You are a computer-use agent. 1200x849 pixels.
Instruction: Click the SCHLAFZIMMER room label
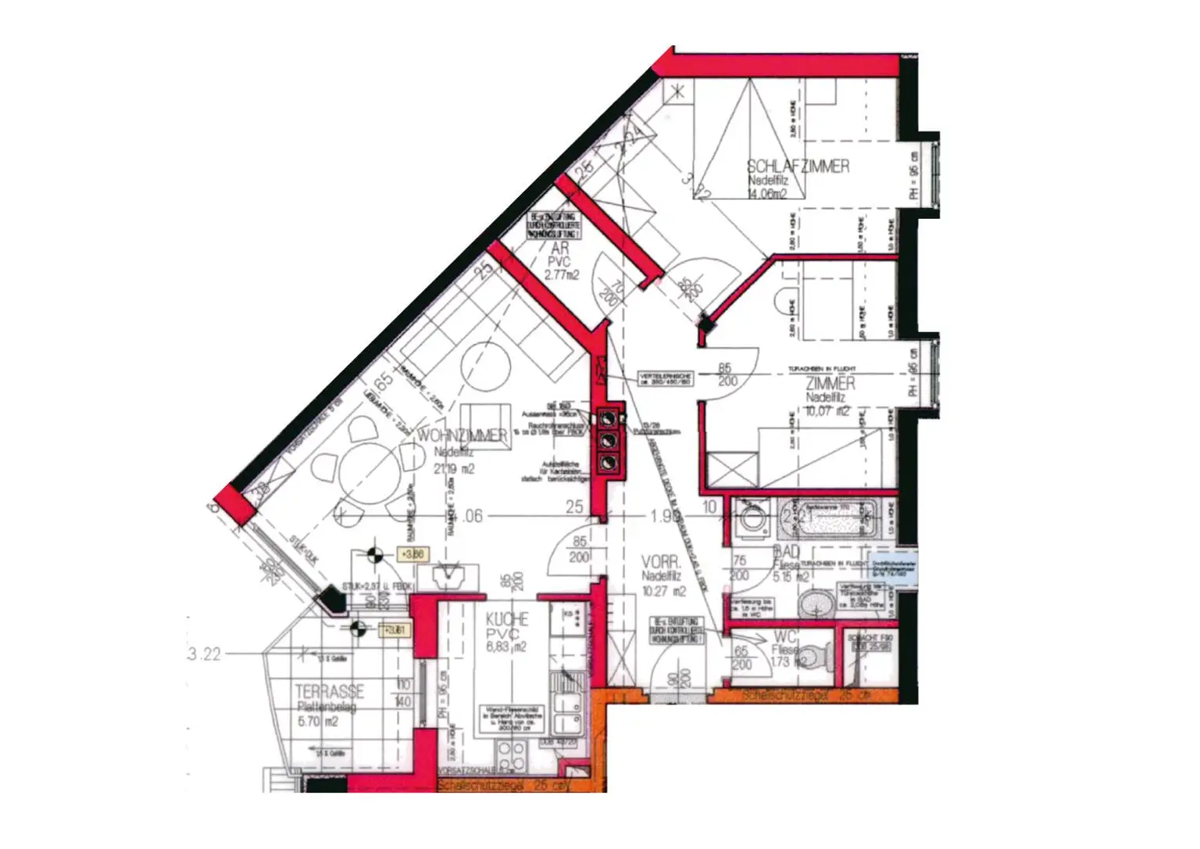click(x=798, y=167)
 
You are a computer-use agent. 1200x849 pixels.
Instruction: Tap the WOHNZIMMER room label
click(x=462, y=435)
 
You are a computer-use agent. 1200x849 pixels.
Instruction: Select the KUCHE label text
click(x=507, y=619)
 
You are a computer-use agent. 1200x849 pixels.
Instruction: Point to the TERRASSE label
click(x=329, y=692)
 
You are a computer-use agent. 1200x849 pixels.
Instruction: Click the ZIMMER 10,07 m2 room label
click(x=830, y=383)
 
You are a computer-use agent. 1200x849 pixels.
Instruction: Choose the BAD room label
click(x=787, y=552)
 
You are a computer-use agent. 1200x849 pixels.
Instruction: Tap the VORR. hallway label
click(x=661, y=563)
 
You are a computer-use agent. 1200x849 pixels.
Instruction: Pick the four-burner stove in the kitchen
click(x=512, y=756)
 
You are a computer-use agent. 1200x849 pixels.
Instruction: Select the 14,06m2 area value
click(x=767, y=194)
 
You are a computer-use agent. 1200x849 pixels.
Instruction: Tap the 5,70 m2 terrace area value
click(x=318, y=722)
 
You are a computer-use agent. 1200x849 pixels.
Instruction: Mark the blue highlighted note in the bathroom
click(x=894, y=568)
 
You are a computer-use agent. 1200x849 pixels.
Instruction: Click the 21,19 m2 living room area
click(x=454, y=469)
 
